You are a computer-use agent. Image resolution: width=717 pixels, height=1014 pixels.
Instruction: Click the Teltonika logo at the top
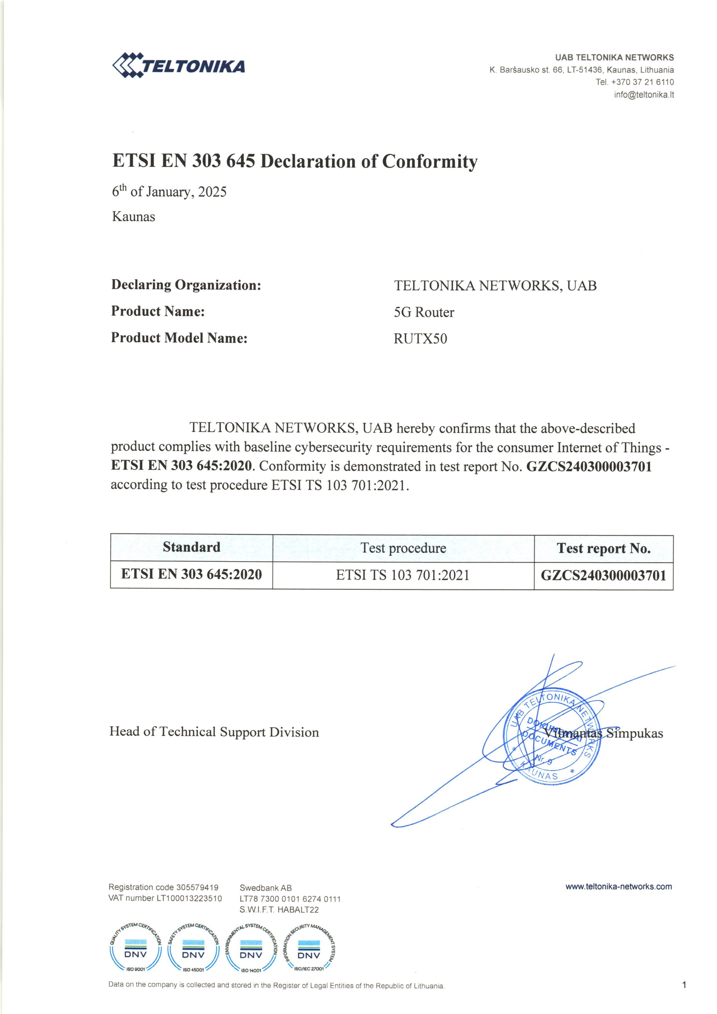[x=178, y=66]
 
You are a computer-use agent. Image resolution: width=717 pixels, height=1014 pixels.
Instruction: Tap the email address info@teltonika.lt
[x=644, y=95]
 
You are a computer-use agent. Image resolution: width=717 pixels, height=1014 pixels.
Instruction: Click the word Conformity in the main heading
[x=430, y=162]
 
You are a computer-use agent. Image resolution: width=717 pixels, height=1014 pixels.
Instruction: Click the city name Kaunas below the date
[x=133, y=217]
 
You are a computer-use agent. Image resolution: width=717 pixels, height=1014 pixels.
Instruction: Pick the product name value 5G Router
[x=424, y=312]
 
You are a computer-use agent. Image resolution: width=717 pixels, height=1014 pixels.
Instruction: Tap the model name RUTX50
[x=420, y=339]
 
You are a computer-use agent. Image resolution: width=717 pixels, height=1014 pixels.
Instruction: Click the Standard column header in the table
[x=191, y=547]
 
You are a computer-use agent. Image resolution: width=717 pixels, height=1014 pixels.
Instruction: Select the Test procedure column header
[x=403, y=548]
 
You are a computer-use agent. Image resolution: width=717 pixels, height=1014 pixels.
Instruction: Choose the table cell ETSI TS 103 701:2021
[x=403, y=575]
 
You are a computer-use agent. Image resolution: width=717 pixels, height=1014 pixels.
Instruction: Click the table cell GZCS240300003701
[x=603, y=576]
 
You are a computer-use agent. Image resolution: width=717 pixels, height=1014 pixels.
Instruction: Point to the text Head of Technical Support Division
[x=214, y=732]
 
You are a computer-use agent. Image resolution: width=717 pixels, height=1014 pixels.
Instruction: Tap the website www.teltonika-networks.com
[x=619, y=886]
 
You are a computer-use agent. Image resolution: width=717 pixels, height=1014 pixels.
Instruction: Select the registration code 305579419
[x=197, y=887]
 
